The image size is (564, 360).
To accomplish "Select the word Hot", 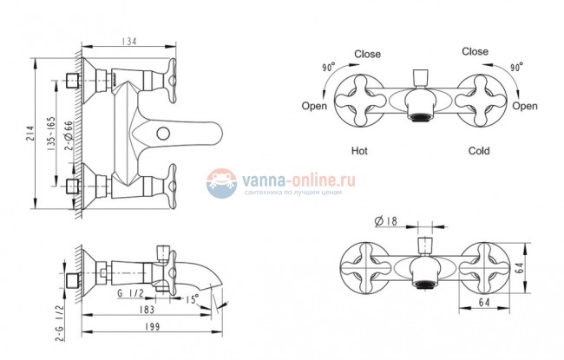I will pos(361,151).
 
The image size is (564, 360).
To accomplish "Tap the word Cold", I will pos(479,151).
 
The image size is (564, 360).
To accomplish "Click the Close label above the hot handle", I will pos(367,53).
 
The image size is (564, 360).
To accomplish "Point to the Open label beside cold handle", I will pos(525,106).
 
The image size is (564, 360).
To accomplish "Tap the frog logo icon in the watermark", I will pos(222,182).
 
